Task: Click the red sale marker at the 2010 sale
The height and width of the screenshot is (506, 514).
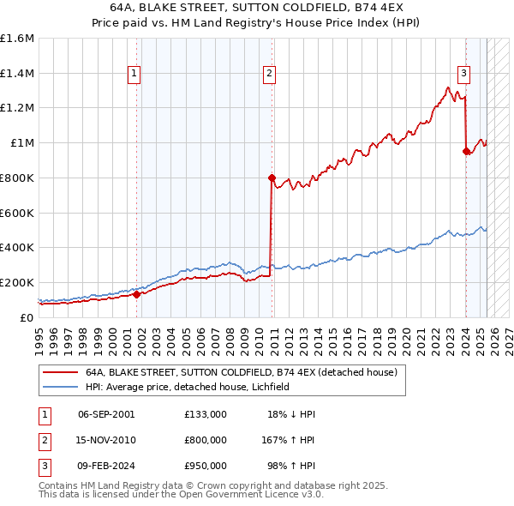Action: (272, 178)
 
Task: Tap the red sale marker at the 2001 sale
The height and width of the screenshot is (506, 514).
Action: (136, 294)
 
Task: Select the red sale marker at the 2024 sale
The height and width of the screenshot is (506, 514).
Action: (466, 152)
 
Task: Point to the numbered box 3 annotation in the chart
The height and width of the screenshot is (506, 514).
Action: (463, 74)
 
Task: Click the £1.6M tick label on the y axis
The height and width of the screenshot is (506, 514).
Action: (17, 39)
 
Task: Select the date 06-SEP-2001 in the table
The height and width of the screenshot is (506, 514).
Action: (106, 414)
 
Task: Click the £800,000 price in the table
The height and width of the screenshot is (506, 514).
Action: (205, 440)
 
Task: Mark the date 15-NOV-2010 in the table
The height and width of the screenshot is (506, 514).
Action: (106, 440)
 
